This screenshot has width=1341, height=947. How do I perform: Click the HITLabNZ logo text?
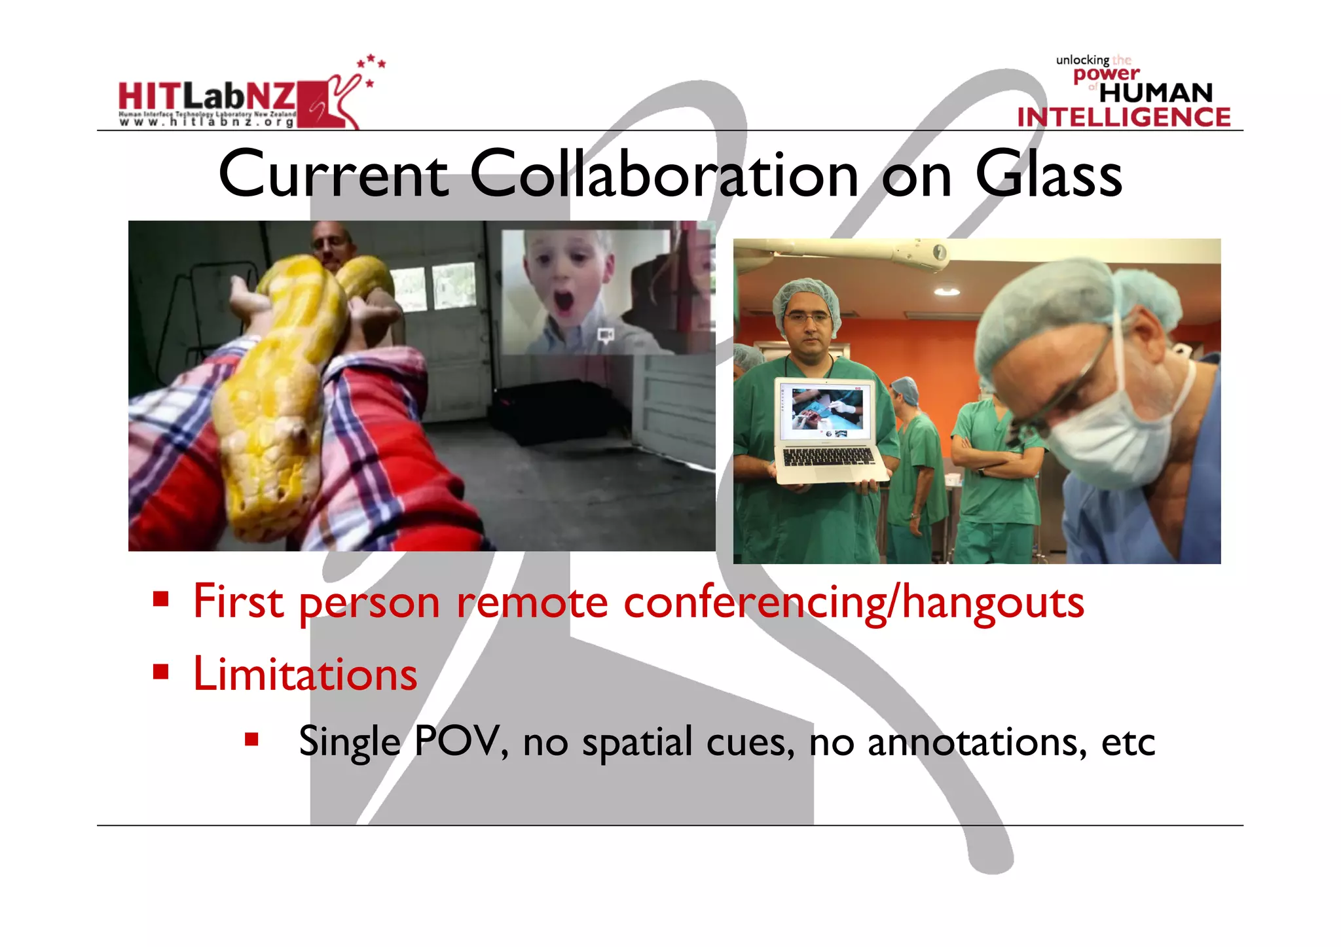pyautogui.click(x=207, y=97)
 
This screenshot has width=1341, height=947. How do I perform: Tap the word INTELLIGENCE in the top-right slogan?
pyautogui.click(x=1124, y=117)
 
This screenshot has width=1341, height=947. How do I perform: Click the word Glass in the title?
pyautogui.click(x=1048, y=174)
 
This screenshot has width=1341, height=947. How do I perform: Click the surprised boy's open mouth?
pyautogui.click(x=563, y=302)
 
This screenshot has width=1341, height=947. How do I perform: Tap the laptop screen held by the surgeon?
pyautogui.click(x=827, y=410)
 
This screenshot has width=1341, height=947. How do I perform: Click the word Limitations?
pyautogui.click(x=305, y=674)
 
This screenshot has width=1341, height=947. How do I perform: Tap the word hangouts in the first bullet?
pyautogui.click(x=993, y=603)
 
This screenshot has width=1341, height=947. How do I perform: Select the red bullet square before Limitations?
pyautogui.click(x=161, y=672)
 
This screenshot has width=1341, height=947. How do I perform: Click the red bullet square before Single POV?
pyautogui.click(x=251, y=740)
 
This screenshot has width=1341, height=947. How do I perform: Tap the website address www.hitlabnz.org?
pyautogui.click(x=206, y=122)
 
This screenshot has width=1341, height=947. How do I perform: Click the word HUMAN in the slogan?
pyautogui.click(x=1156, y=93)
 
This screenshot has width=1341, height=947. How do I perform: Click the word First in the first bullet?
pyautogui.click(x=238, y=601)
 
